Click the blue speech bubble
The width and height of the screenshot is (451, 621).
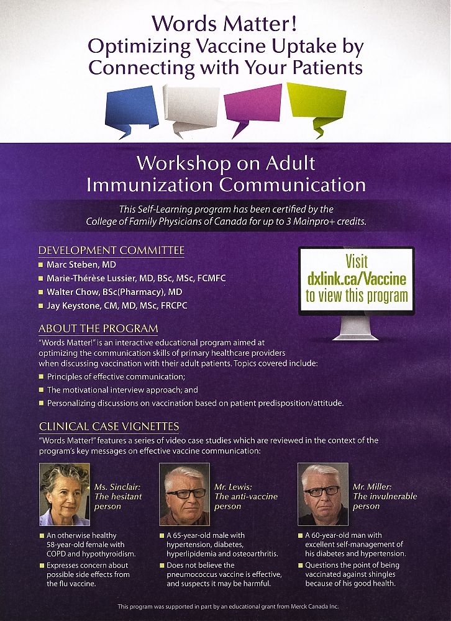click(132, 109)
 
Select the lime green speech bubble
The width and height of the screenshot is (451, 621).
click(317, 105)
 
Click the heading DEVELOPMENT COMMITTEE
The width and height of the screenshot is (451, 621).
click(111, 250)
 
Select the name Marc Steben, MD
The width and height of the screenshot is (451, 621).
click(81, 265)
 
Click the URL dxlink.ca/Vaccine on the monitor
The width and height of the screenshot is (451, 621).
click(357, 278)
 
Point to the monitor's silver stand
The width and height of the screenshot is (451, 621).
click(355, 327)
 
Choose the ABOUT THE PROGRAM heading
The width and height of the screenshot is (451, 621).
click(98, 329)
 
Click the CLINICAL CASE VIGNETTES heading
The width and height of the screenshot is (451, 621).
click(109, 427)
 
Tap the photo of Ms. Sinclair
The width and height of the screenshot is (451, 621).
click(65, 494)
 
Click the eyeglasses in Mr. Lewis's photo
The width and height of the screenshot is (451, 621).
click(186, 494)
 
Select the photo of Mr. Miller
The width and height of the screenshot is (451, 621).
click(323, 494)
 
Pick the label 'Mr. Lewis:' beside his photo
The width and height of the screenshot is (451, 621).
click(233, 487)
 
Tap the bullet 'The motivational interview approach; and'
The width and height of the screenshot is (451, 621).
click(122, 390)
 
